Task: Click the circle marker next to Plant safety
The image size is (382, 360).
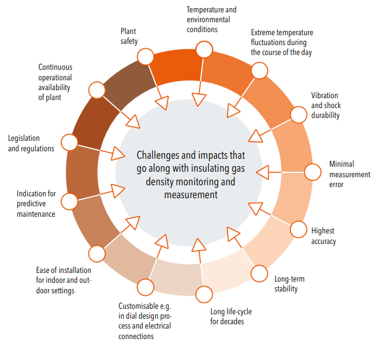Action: point(145,56)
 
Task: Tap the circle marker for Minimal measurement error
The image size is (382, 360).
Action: point(313,172)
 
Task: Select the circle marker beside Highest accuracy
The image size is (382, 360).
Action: point(298,229)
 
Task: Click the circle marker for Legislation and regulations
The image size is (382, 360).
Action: point(69,143)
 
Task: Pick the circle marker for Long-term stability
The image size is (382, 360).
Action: point(260,274)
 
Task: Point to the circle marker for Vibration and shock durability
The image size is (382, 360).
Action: point(299,115)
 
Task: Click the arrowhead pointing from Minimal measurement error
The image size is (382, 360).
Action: point(263,172)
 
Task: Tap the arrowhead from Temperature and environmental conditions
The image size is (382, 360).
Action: point(199,99)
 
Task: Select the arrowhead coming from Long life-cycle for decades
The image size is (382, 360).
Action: point(199,245)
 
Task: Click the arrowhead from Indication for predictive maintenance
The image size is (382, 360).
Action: point(118,190)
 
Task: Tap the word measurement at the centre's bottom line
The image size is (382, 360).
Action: point(191,195)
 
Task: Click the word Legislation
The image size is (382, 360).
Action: point(24,138)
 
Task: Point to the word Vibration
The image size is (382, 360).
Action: point(325,95)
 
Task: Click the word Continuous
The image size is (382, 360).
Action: point(55,67)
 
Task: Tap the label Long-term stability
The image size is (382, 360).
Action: point(289,284)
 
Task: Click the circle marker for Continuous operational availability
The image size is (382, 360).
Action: point(97,90)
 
